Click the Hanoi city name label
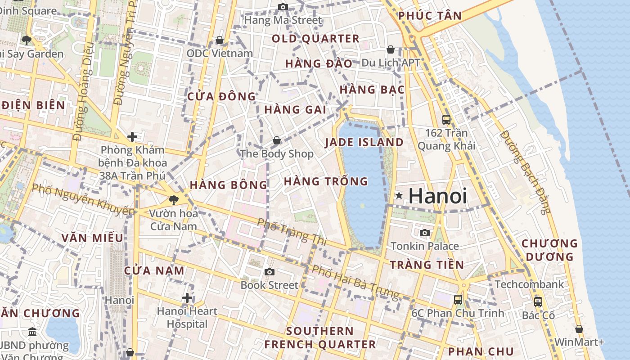(x=437, y=196)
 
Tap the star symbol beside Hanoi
(x=399, y=195)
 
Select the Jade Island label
(x=364, y=142)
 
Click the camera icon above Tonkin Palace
(x=424, y=233)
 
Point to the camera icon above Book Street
(x=269, y=272)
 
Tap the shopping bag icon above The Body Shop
(x=276, y=140)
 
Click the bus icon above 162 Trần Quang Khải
(x=446, y=120)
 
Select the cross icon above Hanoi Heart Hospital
(x=187, y=297)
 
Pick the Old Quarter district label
(x=315, y=39)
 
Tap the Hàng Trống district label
(x=326, y=181)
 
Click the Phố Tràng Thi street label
(x=292, y=232)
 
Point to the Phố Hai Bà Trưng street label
(x=355, y=282)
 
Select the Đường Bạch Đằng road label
(x=525, y=172)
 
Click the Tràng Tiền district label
(x=427, y=265)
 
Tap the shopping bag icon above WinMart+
(x=579, y=329)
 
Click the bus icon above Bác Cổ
(x=538, y=302)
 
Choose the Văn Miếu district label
(x=92, y=238)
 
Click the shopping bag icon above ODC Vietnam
(x=220, y=40)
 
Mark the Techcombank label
(x=529, y=284)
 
